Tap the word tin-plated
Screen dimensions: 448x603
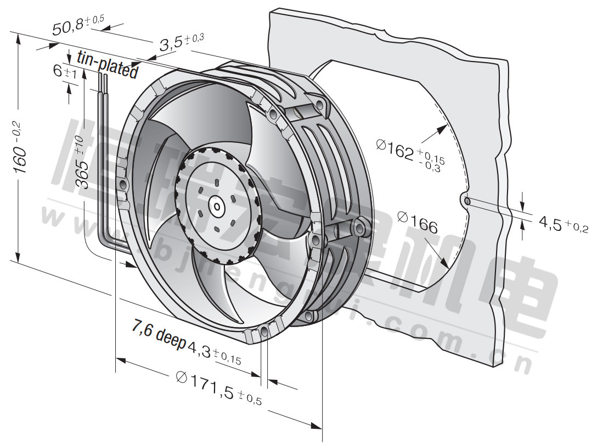107,64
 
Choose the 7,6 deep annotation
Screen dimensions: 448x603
159,333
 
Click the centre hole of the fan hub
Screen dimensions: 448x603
217,207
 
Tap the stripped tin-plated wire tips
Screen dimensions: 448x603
102,82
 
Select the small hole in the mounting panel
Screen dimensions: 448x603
467,201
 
